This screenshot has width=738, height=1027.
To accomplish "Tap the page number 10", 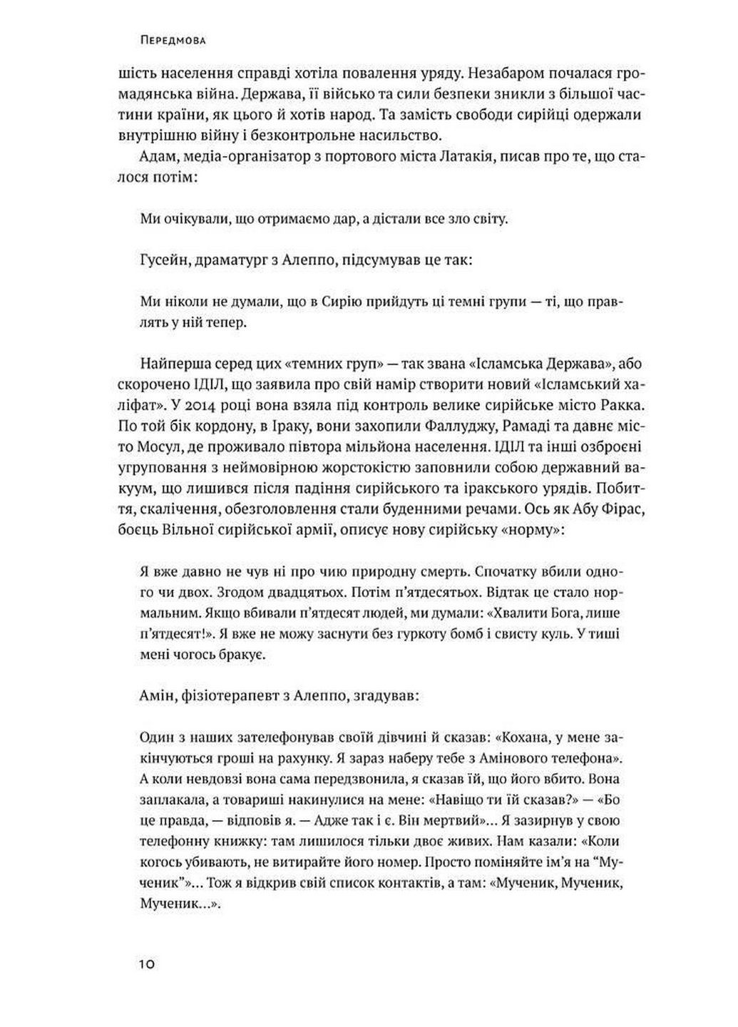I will click(x=148, y=965).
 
